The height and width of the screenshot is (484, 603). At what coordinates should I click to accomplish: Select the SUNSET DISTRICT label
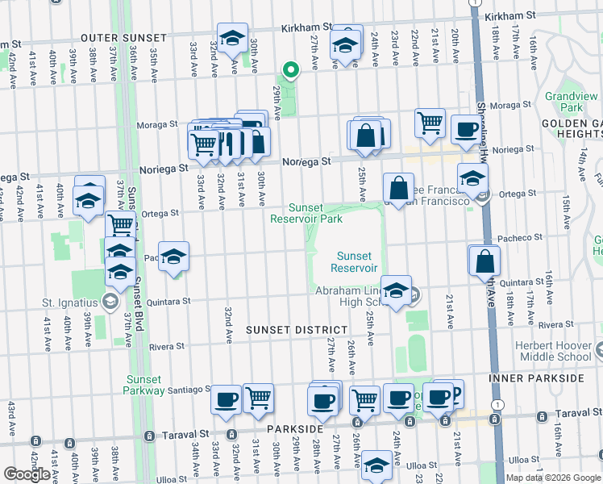pos(296,330)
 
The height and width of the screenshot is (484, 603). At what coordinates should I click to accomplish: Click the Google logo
pos(27,474)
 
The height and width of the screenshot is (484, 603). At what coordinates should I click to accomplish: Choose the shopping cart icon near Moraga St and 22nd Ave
pos(430,123)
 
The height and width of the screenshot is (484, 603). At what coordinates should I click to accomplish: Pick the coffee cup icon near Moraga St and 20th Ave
pos(465,128)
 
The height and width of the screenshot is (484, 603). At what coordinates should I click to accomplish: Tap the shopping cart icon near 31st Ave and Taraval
pos(258,397)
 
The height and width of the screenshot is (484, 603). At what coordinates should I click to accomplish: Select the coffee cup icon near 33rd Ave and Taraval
pos(226,398)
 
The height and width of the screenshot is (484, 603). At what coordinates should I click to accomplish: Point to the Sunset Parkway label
pos(144,385)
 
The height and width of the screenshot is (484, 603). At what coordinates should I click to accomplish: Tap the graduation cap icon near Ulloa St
pos(376,465)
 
